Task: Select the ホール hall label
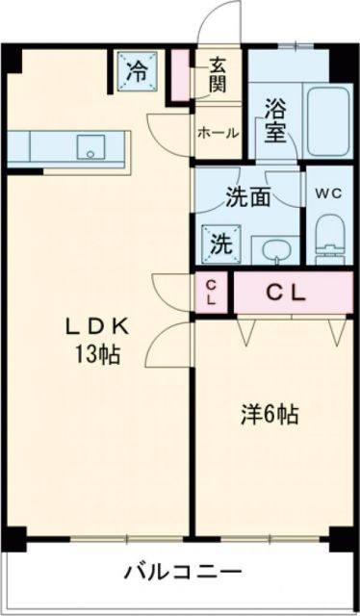(x=218, y=133)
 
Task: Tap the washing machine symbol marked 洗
(x=220, y=242)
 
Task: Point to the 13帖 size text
(x=98, y=354)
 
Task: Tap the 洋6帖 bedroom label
(x=269, y=416)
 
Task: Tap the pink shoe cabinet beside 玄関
(x=180, y=76)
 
